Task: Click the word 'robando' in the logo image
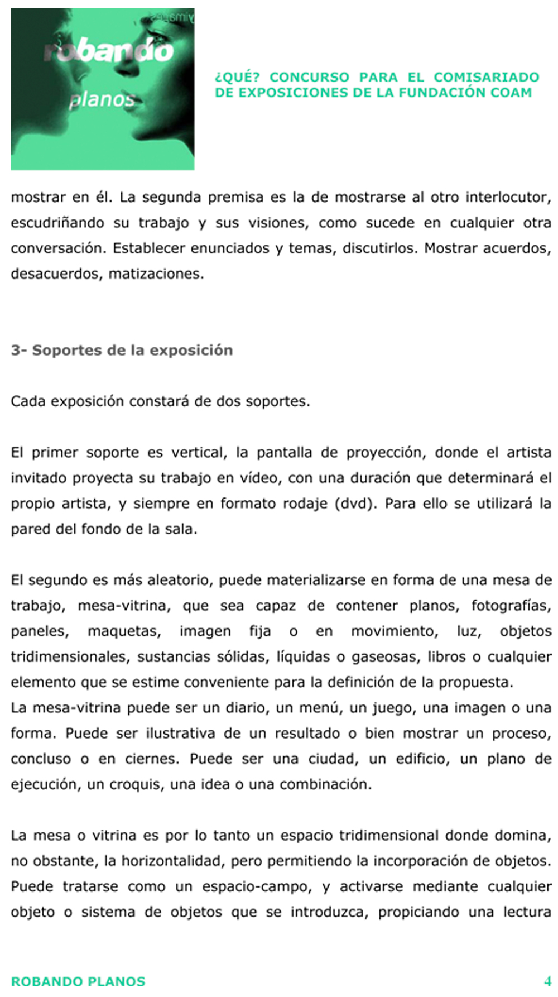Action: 109,51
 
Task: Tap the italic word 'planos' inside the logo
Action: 102,100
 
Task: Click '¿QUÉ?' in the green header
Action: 237,77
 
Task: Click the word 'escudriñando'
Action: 57,223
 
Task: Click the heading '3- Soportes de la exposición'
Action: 122,351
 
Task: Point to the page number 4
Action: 547,981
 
